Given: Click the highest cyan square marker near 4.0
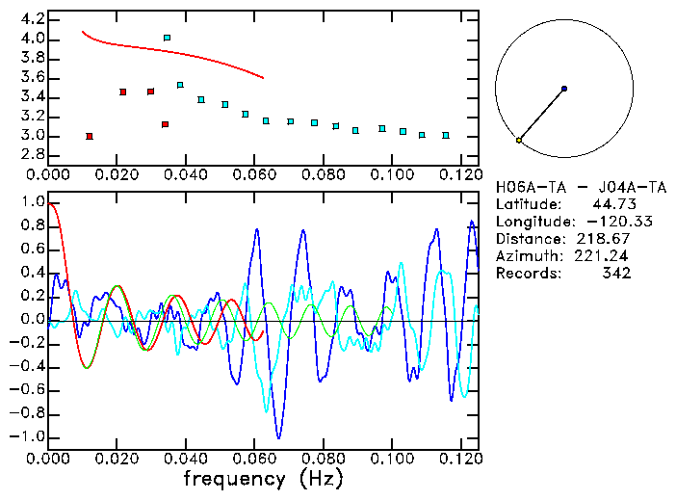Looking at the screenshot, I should click(168, 38).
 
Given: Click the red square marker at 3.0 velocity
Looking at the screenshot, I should click(90, 136).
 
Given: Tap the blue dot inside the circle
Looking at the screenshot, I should click(564, 89).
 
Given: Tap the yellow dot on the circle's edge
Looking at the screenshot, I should click(519, 141).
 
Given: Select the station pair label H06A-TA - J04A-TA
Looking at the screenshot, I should click(560, 187).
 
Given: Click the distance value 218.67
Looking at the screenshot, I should click(607, 239).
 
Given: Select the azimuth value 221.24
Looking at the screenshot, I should click(607, 256).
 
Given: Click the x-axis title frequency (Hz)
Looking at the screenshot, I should click(264, 478).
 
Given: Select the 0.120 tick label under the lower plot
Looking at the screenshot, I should click(461, 459).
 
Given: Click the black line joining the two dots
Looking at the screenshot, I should click(541, 115).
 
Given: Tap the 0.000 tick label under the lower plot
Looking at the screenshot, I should click(49, 459).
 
